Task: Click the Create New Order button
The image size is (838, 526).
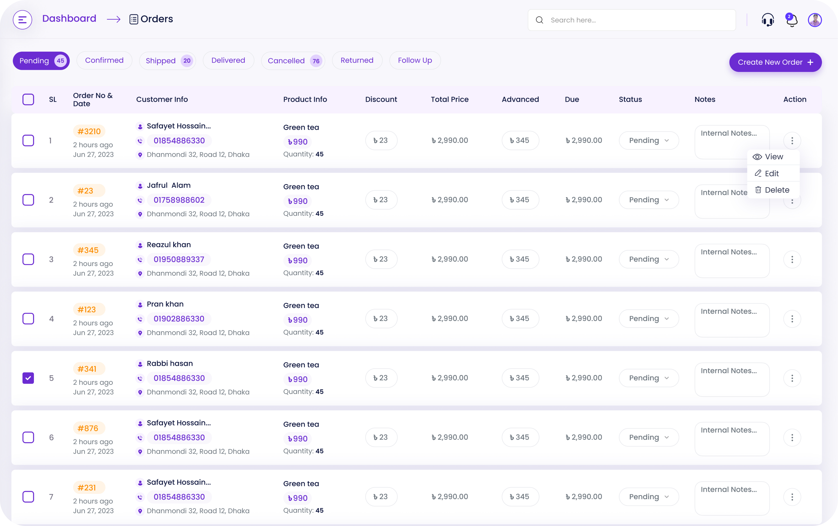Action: click(775, 62)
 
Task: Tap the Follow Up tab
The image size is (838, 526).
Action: click(415, 61)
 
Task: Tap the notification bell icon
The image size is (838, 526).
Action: click(791, 20)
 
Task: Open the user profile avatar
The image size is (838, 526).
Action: click(814, 20)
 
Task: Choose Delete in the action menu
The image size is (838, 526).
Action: click(773, 190)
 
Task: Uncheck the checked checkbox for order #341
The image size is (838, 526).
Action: click(28, 378)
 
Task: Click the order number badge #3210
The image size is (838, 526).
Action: click(89, 131)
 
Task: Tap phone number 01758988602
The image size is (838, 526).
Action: click(179, 200)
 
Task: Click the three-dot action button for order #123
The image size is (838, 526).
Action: click(792, 319)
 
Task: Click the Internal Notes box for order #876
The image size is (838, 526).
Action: click(732, 439)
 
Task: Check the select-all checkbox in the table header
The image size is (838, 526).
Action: click(28, 99)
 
